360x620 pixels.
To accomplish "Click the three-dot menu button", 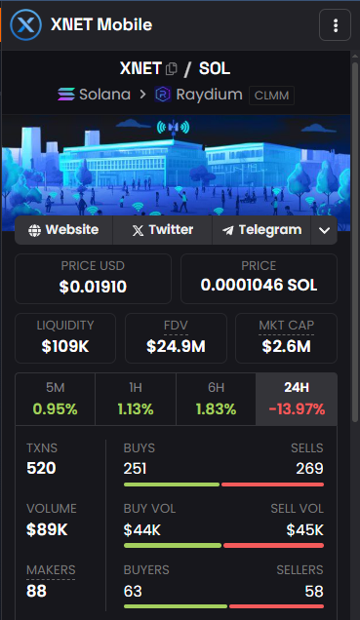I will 335,25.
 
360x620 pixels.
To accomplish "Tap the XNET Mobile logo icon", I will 25,25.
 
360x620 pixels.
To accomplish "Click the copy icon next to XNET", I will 172,69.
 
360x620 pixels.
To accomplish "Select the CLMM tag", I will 271,96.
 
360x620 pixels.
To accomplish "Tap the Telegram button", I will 262,230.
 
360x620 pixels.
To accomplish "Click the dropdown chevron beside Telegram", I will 324,230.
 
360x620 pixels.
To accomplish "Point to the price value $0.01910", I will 93,287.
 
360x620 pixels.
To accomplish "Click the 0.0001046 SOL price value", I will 259,287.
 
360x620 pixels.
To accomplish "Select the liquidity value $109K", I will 65,345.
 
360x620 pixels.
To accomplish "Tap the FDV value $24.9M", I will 176,345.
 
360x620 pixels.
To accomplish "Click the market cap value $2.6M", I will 286,345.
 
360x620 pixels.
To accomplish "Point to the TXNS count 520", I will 41,469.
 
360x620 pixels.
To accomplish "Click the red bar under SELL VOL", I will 272,545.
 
